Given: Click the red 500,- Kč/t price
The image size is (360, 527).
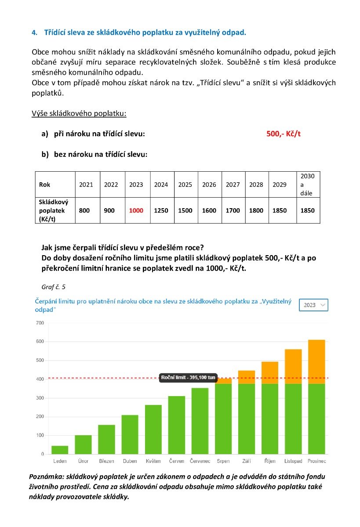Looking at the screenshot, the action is [x=283, y=134].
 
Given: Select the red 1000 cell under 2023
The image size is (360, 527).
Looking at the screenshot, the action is [x=136, y=210].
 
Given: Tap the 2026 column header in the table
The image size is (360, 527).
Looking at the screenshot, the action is [x=209, y=184].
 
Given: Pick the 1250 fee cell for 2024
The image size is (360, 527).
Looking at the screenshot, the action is [x=161, y=210].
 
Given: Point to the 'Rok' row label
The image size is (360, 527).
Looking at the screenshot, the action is [x=44, y=184].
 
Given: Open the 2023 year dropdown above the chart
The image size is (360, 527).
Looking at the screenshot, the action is [x=313, y=305].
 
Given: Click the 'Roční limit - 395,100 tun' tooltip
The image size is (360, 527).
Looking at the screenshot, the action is [x=188, y=377].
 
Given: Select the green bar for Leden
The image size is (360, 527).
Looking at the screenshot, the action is [x=60, y=450].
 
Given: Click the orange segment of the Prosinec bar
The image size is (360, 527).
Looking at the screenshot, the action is [x=316, y=361].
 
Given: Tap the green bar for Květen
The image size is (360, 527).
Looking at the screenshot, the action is [x=153, y=430].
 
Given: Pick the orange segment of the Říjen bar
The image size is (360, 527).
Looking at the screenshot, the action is [x=270, y=373].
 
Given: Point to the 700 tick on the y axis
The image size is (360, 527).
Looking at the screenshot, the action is [x=40, y=323].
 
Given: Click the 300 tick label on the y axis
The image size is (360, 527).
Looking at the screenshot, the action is [x=40, y=398].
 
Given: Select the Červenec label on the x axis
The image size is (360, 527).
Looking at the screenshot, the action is [x=200, y=461].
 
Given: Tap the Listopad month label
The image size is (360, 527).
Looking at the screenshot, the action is [x=293, y=461].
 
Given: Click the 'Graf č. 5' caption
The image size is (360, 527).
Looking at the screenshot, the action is [x=54, y=287].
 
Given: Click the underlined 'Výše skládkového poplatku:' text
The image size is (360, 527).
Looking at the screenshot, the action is [x=79, y=113].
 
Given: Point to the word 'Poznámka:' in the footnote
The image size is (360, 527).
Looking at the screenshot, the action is [x=47, y=476].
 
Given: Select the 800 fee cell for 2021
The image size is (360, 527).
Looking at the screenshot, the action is [x=84, y=210].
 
